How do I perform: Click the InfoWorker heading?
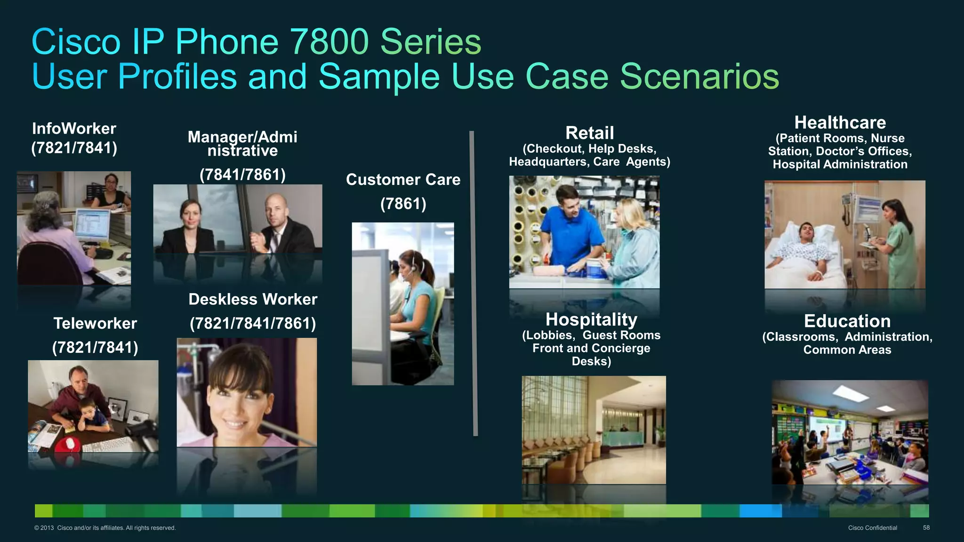tap(74, 129)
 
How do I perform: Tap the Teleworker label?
tap(95, 324)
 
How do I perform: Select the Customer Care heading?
tap(403, 180)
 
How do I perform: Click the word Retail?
tap(589, 133)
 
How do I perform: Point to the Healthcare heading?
tap(840, 123)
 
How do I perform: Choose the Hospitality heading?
tap(591, 320)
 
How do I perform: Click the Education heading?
tap(847, 321)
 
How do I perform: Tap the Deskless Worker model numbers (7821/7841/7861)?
tap(253, 324)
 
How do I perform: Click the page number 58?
tap(926, 528)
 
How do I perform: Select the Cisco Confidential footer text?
tap(872, 528)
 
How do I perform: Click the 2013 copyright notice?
tap(105, 528)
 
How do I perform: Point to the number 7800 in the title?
tap(329, 42)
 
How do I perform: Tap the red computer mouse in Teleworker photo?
tap(70, 443)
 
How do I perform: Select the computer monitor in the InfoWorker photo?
tap(92, 225)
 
